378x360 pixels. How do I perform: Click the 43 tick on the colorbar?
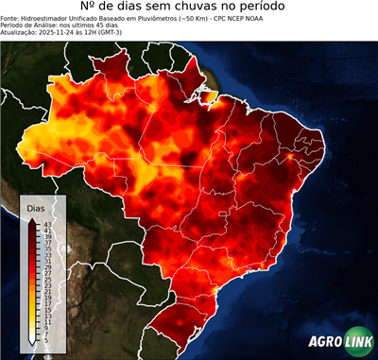coord(47,223)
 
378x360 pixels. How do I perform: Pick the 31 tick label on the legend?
coord(48,260)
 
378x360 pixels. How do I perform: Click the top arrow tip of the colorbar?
coord(34,219)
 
